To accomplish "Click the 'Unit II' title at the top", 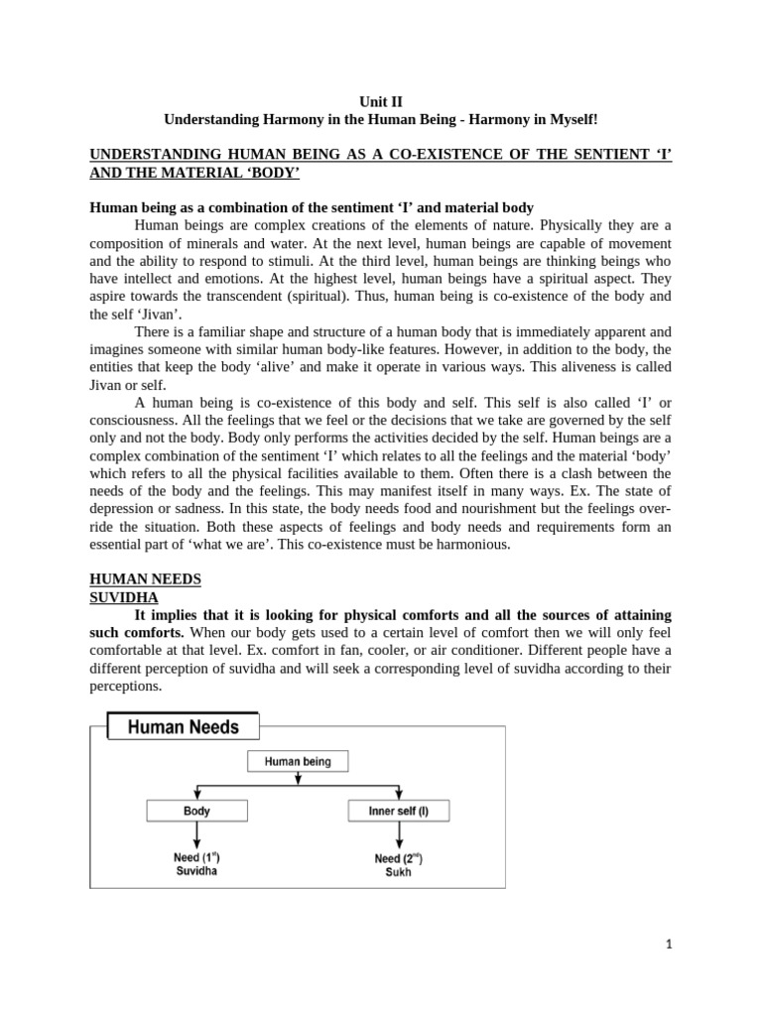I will (x=380, y=101).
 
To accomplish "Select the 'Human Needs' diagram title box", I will (x=183, y=727).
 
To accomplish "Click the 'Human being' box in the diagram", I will (x=298, y=762).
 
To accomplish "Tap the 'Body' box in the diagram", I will (x=197, y=811).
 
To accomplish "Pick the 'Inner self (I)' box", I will (x=398, y=811).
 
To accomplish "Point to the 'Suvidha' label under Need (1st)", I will (x=196, y=870).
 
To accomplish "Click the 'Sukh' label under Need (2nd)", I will (x=398, y=872).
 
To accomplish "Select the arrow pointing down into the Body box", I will (x=197, y=793).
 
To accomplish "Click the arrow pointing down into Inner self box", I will (x=398, y=793).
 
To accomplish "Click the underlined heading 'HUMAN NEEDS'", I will (x=145, y=578).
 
